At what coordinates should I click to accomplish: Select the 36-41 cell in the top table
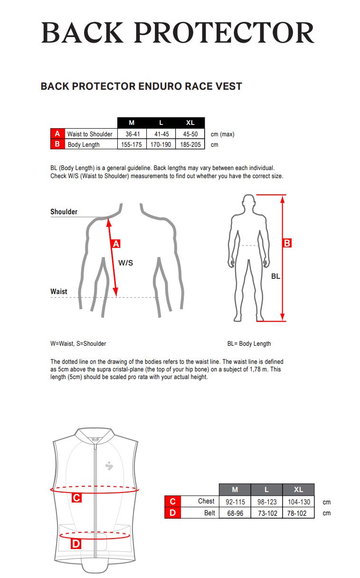132,134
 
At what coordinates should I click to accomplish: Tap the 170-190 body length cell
161,144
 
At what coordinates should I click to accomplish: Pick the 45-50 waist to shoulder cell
190,134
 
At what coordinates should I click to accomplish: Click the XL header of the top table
190,123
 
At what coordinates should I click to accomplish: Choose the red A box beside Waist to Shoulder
57,134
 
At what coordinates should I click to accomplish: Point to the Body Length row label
84,144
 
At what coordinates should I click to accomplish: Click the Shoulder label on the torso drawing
64,212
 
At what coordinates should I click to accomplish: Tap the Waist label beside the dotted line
59,292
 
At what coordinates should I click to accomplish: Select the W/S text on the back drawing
125,262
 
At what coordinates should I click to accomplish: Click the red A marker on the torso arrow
115,244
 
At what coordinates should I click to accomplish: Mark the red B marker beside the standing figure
287,243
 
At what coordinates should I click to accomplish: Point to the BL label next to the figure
275,276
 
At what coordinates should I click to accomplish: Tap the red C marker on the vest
76,498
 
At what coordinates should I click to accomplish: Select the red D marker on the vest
76,544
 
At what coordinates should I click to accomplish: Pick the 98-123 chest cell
266,502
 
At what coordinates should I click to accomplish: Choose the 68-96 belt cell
235,513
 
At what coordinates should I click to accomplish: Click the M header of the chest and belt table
235,490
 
